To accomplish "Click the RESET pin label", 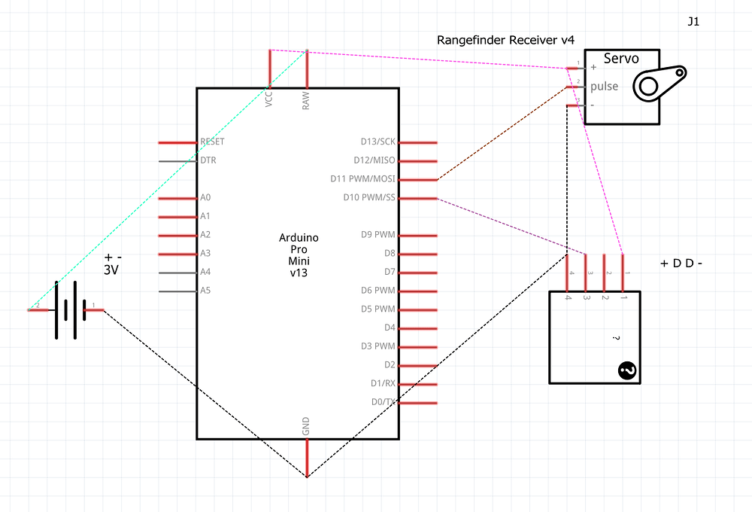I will pyautogui.click(x=212, y=142).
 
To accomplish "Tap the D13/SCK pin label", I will pyautogui.click(x=378, y=142).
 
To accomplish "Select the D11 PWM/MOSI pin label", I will pyautogui.click(x=362, y=179).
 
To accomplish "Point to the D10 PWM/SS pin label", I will pyautogui.click(x=368, y=198).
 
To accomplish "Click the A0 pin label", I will pyautogui.click(x=205, y=198).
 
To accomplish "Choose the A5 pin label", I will pyautogui.click(x=205, y=291).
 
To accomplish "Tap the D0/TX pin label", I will pyautogui.click(x=384, y=402).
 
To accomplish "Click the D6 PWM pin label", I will pyautogui.click(x=378, y=291).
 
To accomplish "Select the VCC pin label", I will pyautogui.click(x=269, y=100).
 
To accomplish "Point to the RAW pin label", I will pyautogui.click(x=306, y=102).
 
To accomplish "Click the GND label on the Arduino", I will pyautogui.click(x=306, y=427).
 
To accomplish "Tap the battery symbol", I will pyautogui.click(x=66, y=309).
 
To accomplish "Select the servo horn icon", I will pyautogui.click(x=658, y=83).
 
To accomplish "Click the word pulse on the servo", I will pyautogui.click(x=604, y=87).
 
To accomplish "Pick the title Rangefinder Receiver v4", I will pyautogui.click(x=505, y=40).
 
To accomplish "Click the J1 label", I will pyautogui.click(x=693, y=22).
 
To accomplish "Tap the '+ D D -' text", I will pyautogui.click(x=681, y=264).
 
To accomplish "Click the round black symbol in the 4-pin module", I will pyautogui.click(x=626, y=370).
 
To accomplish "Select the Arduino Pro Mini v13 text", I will pyautogui.click(x=299, y=255).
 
